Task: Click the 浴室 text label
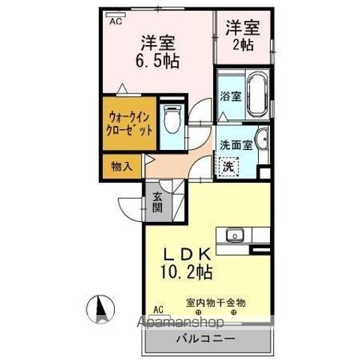(229, 97)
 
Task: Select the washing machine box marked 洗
(226, 167)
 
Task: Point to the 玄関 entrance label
(158, 202)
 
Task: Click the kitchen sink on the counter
(233, 235)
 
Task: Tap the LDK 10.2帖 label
(183, 262)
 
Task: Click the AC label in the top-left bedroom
(115, 22)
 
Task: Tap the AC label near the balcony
(158, 309)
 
